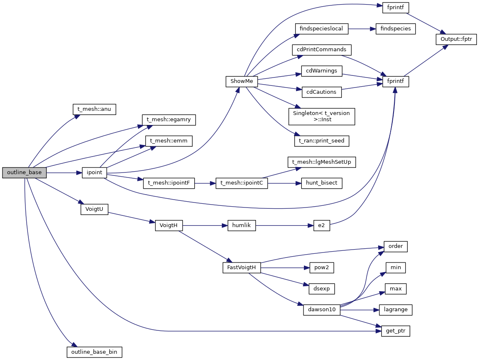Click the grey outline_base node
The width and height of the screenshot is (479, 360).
tap(24, 172)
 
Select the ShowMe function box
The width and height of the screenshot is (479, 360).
tap(242, 81)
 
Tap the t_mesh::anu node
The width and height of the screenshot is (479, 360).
tap(94, 109)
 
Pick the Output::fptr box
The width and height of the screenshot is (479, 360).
tap(456, 39)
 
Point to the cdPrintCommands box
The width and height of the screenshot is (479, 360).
tap(321, 50)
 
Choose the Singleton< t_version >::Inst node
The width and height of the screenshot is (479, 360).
tap(321, 116)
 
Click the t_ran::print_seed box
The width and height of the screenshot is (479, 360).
tap(321, 141)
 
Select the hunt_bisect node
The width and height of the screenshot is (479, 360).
tap(321, 183)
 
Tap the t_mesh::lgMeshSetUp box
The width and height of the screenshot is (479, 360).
tap(321, 162)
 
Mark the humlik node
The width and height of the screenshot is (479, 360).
tap(241, 225)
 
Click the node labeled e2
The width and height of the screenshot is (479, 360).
tap(321, 225)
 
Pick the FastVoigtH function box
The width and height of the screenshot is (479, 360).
tap(242, 267)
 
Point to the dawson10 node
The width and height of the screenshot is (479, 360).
tap(321, 310)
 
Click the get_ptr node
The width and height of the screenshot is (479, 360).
tap(396, 331)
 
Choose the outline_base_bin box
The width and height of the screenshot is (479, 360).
tap(94, 352)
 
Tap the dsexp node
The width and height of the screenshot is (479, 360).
tap(321, 288)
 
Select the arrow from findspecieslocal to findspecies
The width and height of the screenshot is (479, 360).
tap(362, 29)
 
